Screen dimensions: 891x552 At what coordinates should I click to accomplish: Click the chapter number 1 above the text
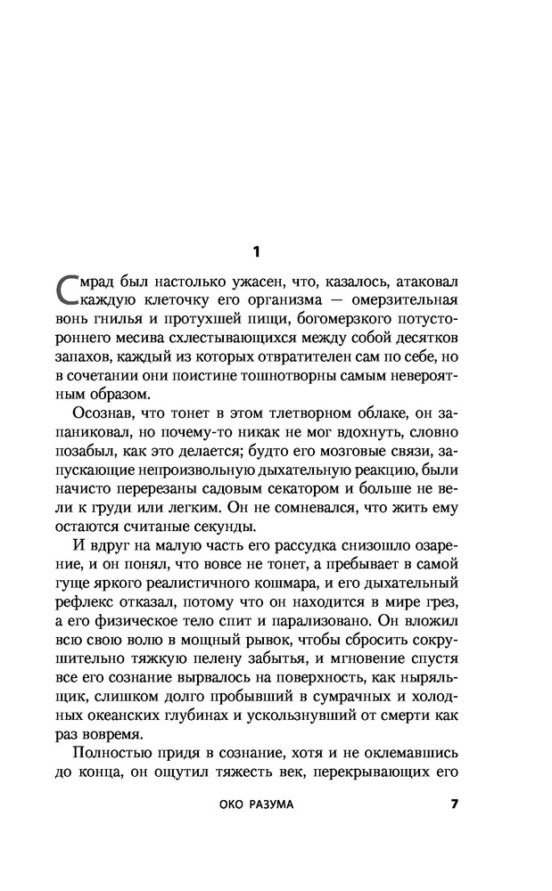click(x=256, y=251)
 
